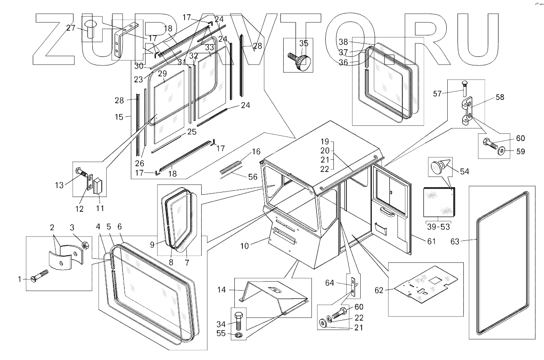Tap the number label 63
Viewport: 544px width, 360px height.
click(455, 241)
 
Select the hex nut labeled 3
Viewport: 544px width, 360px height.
click(85, 245)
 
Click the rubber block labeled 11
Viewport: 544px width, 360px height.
click(98, 186)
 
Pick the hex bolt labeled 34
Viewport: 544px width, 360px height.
click(238, 320)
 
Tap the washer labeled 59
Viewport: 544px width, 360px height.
click(501, 152)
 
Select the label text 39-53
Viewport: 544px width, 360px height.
click(438, 227)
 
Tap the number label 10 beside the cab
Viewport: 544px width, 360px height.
click(244, 246)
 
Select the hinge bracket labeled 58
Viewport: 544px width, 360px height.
click(466, 111)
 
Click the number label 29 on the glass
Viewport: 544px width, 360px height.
click(162, 73)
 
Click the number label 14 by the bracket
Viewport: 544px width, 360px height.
click(221, 290)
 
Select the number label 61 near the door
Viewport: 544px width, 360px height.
click(432, 241)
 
